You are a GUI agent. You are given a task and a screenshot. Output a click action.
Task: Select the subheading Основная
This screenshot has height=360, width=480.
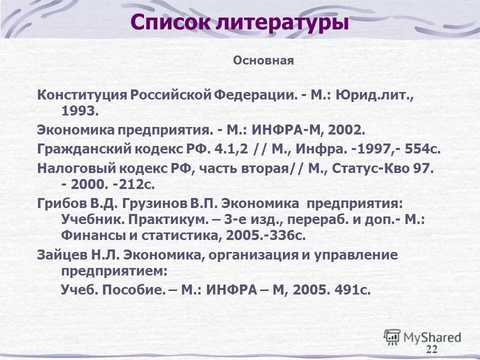click(263, 61)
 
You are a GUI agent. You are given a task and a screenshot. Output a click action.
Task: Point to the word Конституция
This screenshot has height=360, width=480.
click(82, 94)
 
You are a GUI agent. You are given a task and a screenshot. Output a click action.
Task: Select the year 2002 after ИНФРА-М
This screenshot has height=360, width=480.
click(345, 130)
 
